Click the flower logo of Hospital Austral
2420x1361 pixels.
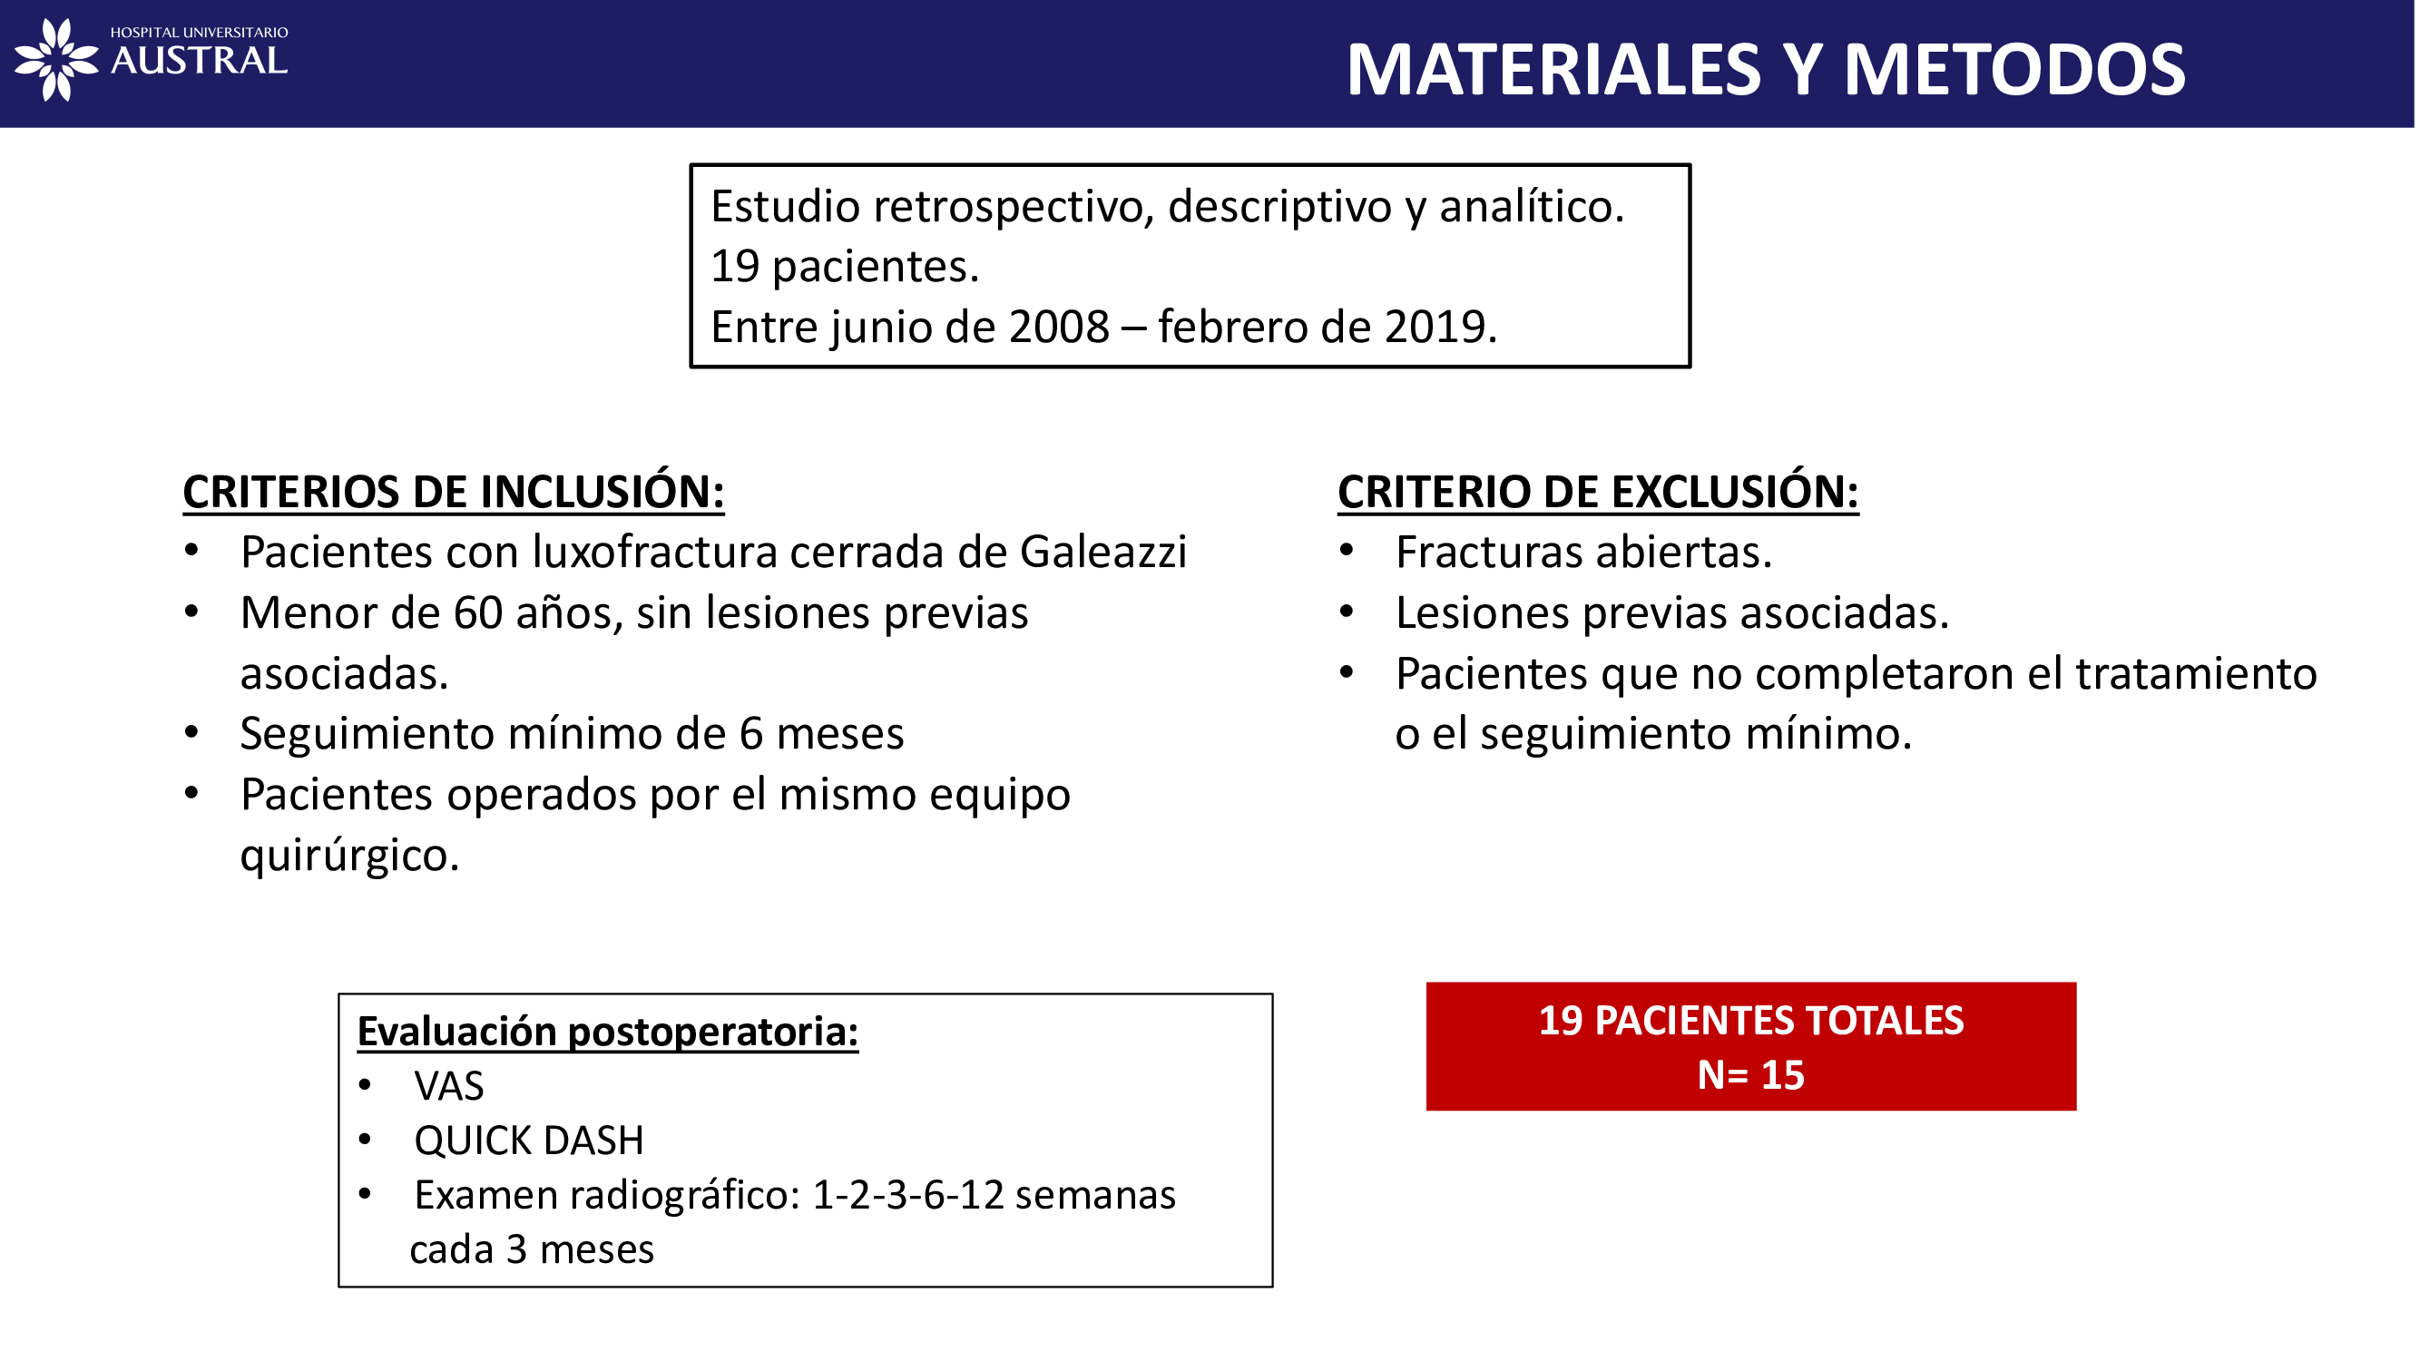pos(56,59)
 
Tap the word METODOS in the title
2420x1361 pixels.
pos(2014,70)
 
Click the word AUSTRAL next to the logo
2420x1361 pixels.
pos(199,62)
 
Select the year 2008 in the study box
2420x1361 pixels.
pos(1059,327)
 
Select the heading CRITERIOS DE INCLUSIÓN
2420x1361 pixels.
pos(454,492)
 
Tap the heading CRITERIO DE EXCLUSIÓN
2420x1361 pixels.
pos(1597,492)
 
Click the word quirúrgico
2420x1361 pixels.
pos(349,856)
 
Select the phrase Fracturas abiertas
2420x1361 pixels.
pos(1583,553)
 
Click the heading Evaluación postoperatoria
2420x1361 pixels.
pos(608,1032)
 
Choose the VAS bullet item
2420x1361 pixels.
pos(449,1087)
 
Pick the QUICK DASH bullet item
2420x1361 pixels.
pos(529,1141)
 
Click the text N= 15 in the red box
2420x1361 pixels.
pos(1750,1075)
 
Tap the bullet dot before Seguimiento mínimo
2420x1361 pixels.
pos(191,731)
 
